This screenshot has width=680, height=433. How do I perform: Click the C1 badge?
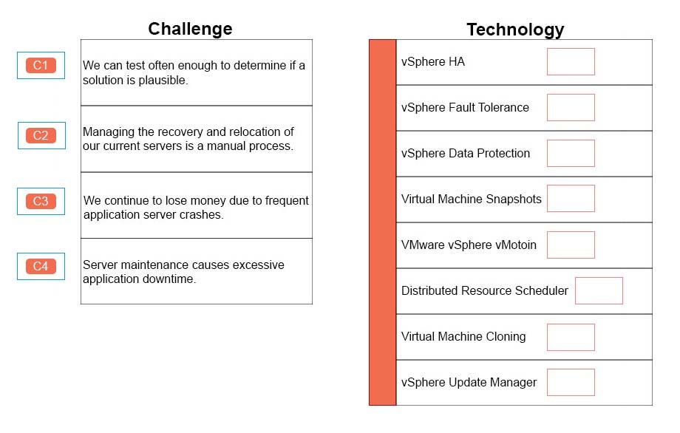click(x=41, y=66)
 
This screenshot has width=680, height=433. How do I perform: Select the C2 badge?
click(x=41, y=136)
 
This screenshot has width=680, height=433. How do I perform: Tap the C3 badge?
click(x=41, y=201)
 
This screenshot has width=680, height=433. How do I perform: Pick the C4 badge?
click(x=41, y=266)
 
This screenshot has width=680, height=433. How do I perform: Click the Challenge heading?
click(x=190, y=29)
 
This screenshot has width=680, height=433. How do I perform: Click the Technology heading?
click(x=515, y=30)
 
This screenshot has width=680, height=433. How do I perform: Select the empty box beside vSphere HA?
click(x=571, y=61)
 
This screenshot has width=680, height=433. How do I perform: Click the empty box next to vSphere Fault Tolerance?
click(x=571, y=107)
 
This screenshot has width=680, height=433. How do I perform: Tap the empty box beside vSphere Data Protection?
click(x=571, y=153)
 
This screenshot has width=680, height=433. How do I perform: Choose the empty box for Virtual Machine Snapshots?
click(x=571, y=199)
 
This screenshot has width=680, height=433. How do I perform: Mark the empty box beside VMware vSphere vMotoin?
click(x=571, y=245)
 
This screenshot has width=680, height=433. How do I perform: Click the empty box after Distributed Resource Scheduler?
click(x=599, y=291)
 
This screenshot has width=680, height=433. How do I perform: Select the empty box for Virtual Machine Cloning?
click(x=571, y=337)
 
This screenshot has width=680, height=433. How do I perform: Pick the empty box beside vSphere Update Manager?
click(x=571, y=382)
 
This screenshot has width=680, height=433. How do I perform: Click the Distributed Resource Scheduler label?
click(x=484, y=290)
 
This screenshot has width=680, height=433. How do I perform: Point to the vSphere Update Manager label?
click(x=469, y=382)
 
